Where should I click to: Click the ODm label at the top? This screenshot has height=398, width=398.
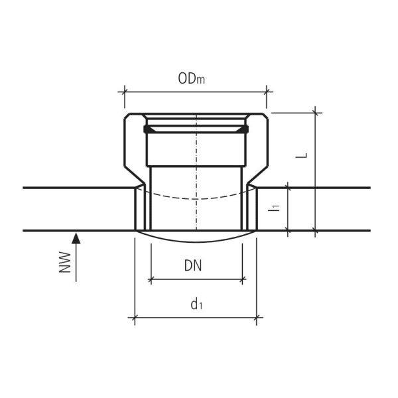point(191,79)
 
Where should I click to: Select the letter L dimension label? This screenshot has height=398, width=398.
point(302,153)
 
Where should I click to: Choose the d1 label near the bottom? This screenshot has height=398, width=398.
point(196,304)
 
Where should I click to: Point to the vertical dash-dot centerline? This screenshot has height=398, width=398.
point(196,179)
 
